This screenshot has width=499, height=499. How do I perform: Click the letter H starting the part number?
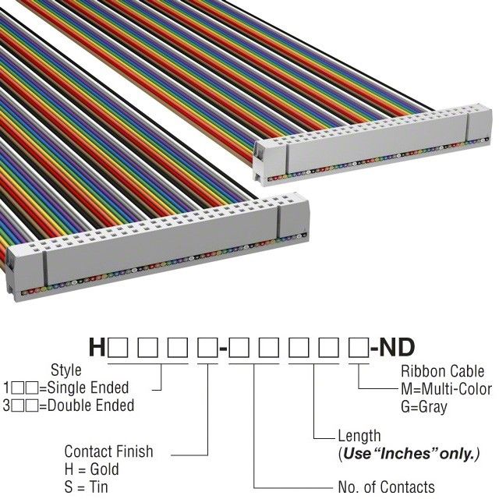pos(97,347)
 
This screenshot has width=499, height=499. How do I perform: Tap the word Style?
pos(65,370)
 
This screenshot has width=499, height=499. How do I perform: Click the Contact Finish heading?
pos(108,451)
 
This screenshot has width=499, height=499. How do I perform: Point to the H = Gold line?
pos(92,470)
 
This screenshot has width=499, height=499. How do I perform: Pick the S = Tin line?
pos(88,487)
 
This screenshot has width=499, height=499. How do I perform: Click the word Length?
pos(359,436)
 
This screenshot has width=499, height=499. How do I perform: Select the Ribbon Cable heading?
pos(441,370)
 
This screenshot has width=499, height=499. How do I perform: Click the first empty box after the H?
pos(118,348)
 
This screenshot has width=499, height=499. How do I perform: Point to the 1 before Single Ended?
pos(8,388)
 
